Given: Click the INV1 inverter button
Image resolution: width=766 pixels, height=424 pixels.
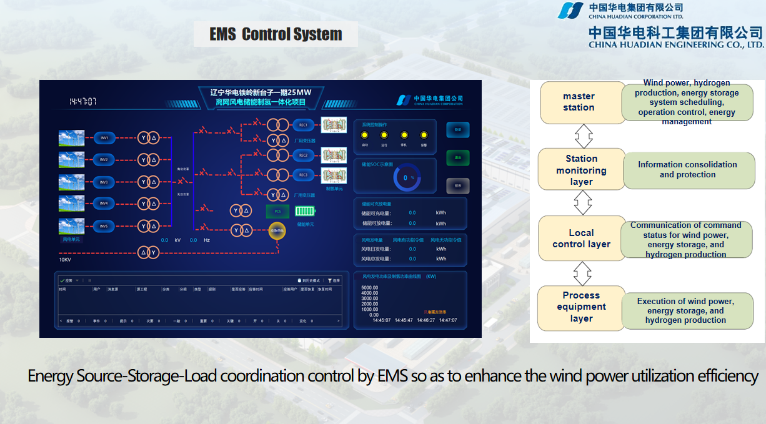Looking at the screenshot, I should (104, 138).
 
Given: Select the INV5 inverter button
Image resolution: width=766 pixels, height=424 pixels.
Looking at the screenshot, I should (104, 226).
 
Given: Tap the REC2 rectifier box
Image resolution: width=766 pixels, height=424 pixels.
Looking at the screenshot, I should (304, 155).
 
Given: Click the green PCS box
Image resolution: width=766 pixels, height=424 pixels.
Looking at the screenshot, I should (278, 212).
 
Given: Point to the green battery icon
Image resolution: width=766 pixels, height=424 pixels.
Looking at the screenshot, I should (306, 212).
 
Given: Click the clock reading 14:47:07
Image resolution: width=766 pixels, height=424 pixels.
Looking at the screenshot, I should (82, 101).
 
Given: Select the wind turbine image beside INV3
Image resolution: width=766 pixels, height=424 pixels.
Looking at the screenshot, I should (71, 182).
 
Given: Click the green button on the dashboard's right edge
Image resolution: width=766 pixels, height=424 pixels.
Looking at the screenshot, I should (457, 157).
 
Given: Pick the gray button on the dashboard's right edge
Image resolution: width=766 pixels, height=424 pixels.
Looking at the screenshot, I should (457, 185).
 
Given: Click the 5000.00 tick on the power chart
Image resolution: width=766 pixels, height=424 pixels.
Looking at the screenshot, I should (369, 288).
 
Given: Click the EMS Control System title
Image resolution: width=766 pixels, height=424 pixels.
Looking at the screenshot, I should (276, 34).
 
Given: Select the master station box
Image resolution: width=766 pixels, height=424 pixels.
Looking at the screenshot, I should (579, 102).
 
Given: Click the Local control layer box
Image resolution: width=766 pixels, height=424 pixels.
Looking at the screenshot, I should (581, 239).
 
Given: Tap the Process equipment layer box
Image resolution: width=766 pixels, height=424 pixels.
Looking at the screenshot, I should (581, 307).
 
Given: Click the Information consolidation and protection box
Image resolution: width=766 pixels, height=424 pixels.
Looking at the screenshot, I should (687, 170).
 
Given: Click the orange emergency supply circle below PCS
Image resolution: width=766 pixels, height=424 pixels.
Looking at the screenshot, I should (277, 231).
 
